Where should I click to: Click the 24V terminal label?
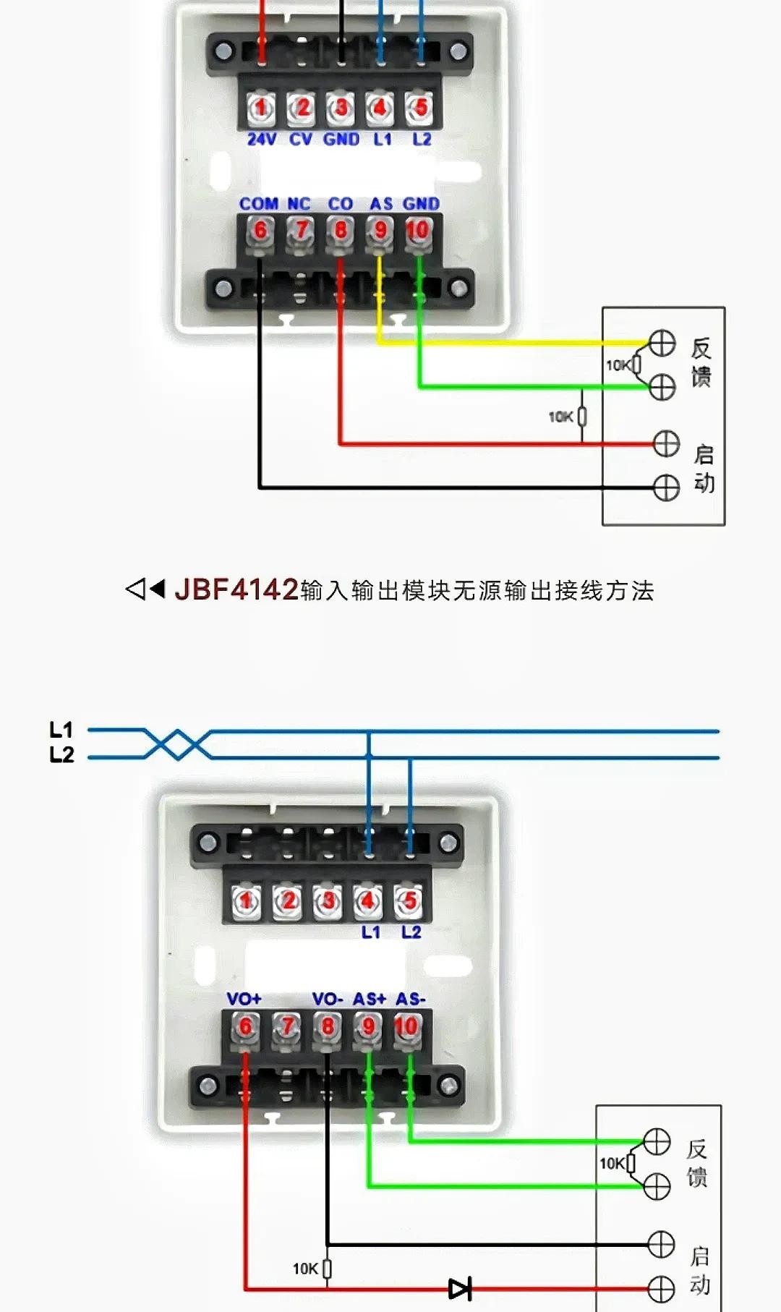point(261,139)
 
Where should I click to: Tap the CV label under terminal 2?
point(300,139)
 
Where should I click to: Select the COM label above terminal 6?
point(259,204)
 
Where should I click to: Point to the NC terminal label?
point(299,204)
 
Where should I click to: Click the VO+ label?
point(244,999)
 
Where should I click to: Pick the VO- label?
point(328,999)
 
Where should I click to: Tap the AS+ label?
point(370,999)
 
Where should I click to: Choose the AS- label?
point(411,999)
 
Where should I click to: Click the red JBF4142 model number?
point(236,589)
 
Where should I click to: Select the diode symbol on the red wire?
point(460,1288)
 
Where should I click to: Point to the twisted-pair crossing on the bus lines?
point(177,744)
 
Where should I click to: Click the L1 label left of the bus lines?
point(61,730)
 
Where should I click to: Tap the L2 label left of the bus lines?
point(61,755)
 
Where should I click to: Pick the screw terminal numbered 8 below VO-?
point(328,1026)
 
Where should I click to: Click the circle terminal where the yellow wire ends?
point(662,343)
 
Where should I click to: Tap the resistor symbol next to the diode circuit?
point(327,1269)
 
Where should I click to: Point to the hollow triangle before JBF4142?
point(135,589)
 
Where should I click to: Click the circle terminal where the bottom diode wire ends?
point(661,1289)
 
